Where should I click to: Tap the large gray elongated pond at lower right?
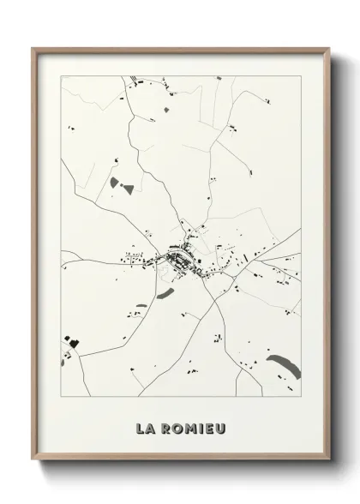pos(284,367)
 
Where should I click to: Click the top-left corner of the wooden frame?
pos(33,47)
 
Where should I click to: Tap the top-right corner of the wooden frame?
pos(327,47)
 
